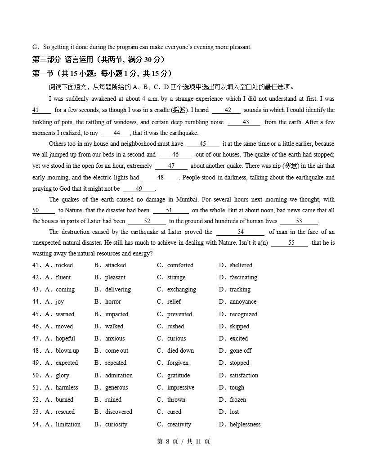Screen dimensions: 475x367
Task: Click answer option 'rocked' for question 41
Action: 64,265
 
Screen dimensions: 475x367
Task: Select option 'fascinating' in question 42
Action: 243,278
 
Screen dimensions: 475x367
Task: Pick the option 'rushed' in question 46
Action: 175,327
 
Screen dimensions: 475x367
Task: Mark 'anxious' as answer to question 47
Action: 115,339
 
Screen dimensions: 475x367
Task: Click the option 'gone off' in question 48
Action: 241,351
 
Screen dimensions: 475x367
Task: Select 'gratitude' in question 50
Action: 179,376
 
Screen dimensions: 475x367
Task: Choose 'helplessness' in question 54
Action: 245,425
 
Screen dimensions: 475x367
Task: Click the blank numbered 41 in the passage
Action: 41,110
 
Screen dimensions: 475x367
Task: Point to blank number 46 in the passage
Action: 175,155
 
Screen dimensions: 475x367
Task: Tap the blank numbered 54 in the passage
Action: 240,232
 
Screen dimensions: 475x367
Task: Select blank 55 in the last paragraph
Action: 291,243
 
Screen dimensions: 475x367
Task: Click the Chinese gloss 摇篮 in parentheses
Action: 178,110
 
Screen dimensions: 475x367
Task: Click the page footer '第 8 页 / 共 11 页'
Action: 183,442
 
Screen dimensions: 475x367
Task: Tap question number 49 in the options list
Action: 36,363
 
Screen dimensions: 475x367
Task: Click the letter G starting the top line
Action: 35,47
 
